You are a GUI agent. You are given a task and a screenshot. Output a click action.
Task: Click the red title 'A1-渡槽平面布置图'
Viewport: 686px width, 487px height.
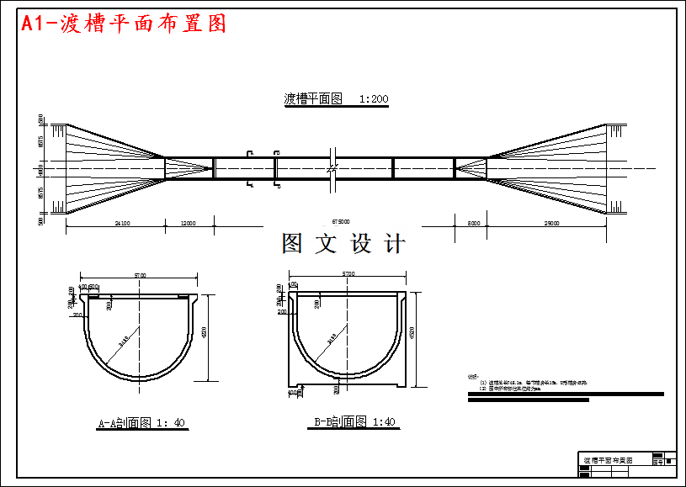click(x=124, y=24)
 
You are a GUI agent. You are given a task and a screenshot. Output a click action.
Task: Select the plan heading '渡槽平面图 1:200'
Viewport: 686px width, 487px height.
click(x=336, y=98)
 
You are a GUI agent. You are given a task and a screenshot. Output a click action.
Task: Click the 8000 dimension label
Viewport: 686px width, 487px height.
click(x=474, y=223)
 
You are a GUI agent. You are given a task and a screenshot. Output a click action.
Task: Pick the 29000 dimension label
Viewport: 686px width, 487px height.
click(x=551, y=223)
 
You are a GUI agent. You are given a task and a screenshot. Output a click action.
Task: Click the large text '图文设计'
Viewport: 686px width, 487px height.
click(x=343, y=244)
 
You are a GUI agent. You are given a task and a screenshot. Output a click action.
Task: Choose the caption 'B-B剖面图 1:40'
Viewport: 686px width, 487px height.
click(x=354, y=421)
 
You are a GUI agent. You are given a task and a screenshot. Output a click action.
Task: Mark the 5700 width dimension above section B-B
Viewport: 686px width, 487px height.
click(x=348, y=273)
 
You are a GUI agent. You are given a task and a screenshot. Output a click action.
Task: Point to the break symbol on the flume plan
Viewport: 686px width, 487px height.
click(x=333, y=169)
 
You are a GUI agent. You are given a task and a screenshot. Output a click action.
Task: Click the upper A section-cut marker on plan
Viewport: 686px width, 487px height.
click(x=249, y=154)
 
